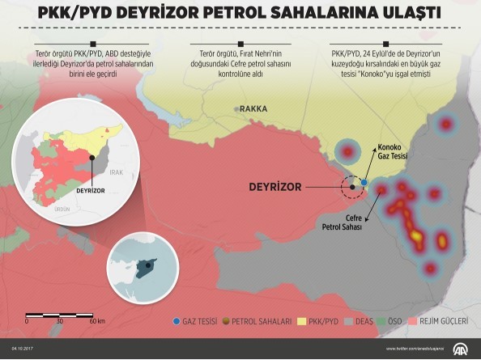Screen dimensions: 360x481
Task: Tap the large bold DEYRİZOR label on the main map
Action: point(275,187)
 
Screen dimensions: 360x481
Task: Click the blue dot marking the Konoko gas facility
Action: point(364,183)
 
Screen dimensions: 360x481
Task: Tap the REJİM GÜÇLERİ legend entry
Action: point(442,321)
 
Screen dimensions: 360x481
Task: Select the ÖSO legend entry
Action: point(395,321)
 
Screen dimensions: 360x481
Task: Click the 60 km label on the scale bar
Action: point(97,321)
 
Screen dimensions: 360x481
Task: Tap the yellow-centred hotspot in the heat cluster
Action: point(416,236)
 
